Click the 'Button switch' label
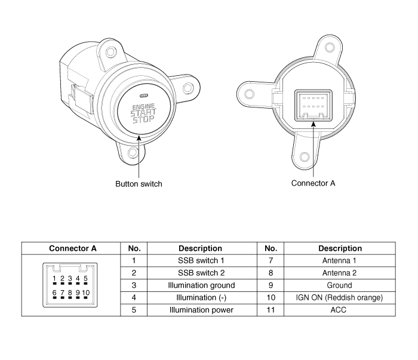[x=139, y=184]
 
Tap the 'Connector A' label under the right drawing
[x=313, y=183]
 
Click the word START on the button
[x=143, y=113]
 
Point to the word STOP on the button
[x=144, y=119]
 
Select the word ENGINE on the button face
[x=143, y=107]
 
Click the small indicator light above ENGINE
[x=144, y=96]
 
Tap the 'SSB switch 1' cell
[x=201, y=260]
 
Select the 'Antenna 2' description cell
[x=339, y=273]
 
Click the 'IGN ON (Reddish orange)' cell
[x=339, y=298]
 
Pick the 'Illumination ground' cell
[x=201, y=285]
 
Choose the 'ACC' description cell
[x=339, y=310]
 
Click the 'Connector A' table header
[x=72, y=248]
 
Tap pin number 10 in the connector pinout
[x=86, y=293]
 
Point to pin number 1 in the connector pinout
[x=54, y=278]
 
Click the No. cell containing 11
[x=271, y=310]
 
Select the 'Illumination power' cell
[x=201, y=310]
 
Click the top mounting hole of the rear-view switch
[x=330, y=48]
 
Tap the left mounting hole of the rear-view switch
[x=249, y=94]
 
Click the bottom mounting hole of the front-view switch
[x=133, y=153]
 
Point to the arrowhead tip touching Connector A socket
[x=314, y=122]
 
